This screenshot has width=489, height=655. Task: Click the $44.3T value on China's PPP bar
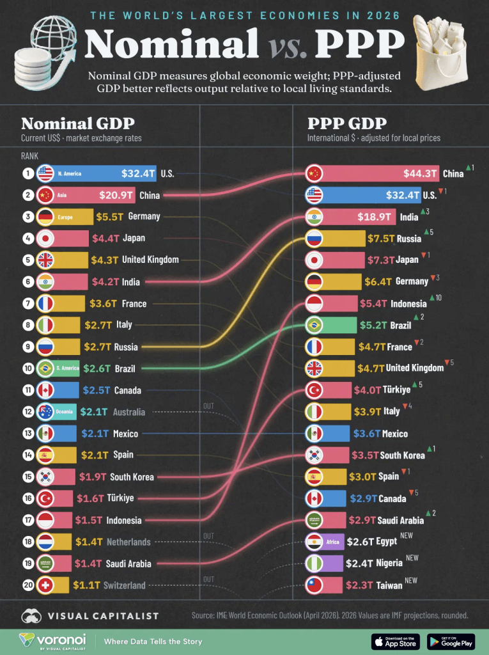pyautogui.click(x=420, y=173)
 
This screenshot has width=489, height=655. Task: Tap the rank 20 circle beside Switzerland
pyautogui.click(x=28, y=585)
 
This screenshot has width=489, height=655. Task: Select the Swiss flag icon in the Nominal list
pyautogui.click(x=45, y=585)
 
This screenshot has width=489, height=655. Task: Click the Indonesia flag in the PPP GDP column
pyautogui.click(x=314, y=304)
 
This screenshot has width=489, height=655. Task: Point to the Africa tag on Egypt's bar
pyautogui.click(x=333, y=542)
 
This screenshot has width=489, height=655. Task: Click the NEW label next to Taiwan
pyautogui.click(x=411, y=580)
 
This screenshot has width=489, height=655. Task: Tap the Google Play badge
pyautogui.click(x=451, y=642)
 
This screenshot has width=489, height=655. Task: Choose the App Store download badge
pyautogui.click(x=396, y=642)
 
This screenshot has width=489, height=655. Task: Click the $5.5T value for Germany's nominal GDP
pyautogui.click(x=110, y=217)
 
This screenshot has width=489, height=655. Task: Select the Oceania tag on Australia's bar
pyautogui.click(x=64, y=411)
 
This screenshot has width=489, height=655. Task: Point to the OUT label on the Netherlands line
pyautogui.click(x=209, y=536)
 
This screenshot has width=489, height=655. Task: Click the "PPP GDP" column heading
pyautogui.click(x=347, y=123)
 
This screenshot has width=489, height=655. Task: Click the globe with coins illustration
pyautogui.click(x=45, y=52)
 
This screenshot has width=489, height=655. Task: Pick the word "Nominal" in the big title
pyautogui.click(x=172, y=43)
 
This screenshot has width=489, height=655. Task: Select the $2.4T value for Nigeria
pyautogui.click(x=359, y=564)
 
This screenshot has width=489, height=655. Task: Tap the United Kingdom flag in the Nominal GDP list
pyautogui.click(x=45, y=260)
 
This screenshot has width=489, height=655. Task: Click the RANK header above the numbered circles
pyautogui.click(x=29, y=156)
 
